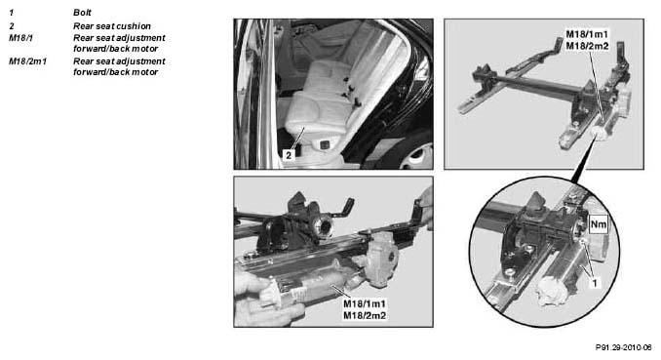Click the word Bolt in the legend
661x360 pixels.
(82, 13)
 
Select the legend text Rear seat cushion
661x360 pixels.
(112, 26)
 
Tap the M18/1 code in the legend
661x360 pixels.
(20, 38)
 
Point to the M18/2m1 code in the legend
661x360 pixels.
(28, 61)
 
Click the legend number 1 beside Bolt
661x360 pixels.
(12, 13)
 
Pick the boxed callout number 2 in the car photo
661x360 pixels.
(289, 155)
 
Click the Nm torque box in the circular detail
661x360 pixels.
(599, 224)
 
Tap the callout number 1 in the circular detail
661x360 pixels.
(595, 283)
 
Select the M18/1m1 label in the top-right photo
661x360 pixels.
(587, 34)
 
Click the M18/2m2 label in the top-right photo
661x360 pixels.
(587, 46)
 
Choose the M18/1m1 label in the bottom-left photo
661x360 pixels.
(365, 303)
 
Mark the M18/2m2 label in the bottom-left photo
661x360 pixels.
(365, 315)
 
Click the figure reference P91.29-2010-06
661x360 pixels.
(624, 347)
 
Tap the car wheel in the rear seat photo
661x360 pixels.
(414, 157)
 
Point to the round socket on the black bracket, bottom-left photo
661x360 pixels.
(323, 228)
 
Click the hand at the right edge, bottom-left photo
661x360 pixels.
(425, 207)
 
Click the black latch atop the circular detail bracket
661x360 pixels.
(537, 201)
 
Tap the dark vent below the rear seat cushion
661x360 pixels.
(325, 145)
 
